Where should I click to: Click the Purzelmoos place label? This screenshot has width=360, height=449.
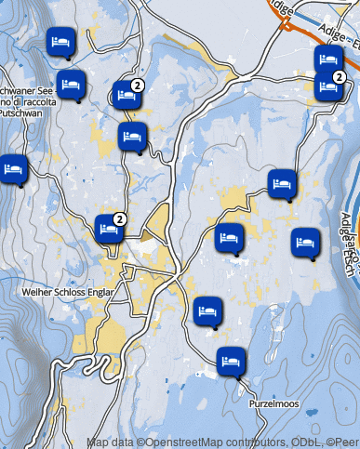pyautogui.click(x=273, y=404)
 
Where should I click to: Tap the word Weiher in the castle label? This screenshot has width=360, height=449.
pyautogui.click(x=35, y=291)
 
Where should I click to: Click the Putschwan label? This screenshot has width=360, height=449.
pyautogui.click(x=21, y=111)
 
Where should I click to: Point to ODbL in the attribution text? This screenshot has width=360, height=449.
pyautogui.click(x=304, y=442)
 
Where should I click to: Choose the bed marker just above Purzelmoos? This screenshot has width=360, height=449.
pyautogui.click(x=233, y=360)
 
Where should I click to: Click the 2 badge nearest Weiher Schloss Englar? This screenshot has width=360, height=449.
pyautogui.click(x=119, y=219)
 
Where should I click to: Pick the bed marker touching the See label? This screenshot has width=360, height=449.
pyautogui.click(x=72, y=85)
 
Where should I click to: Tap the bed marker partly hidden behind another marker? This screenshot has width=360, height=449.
pyautogui.click(x=327, y=59)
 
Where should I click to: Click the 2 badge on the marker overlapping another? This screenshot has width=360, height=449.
pyautogui.click(x=340, y=77)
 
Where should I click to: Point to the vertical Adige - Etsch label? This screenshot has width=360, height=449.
pyautogui.click(x=346, y=228)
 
